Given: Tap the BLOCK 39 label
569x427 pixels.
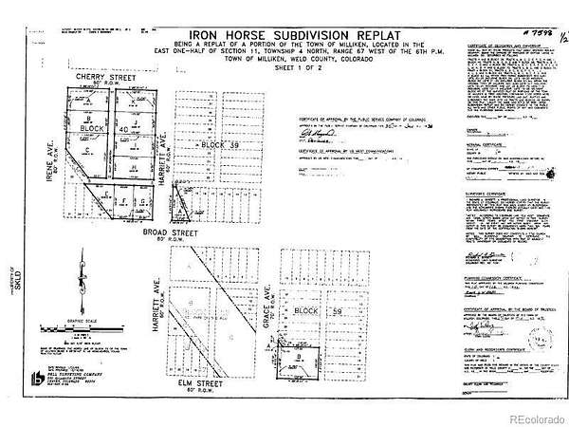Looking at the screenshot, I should pos(213,143).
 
